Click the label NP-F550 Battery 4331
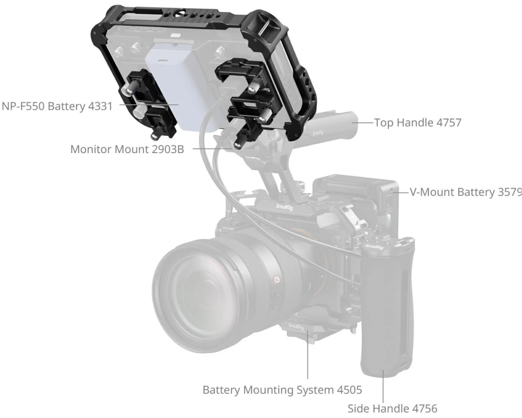[x=57, y=106]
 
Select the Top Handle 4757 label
[x=418, y=123]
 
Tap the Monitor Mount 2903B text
[x=127, y=149]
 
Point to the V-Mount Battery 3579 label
[x=466, y=192]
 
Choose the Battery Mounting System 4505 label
[x=282, y=390]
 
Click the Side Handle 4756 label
[x=393, y=408]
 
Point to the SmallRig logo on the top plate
[x=284, y=207]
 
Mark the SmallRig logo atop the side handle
[x=374, y=247]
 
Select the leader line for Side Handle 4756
[x=383, y=386]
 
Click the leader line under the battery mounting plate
[x=307, y=355]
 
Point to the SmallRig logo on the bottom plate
[x=296, y=327]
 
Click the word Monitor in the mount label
[x=91, y=149]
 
